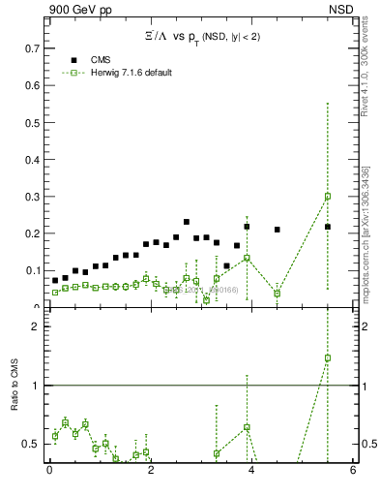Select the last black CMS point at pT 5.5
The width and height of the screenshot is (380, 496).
pyautogui.click(x=328, y=227)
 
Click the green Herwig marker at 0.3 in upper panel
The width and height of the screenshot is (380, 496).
pyautogui.click(x=328, y=196)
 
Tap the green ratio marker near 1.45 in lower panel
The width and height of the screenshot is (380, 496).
pyautogui.click(x=328, y=357)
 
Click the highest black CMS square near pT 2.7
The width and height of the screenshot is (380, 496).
pyautogui.click(x=186, y=222)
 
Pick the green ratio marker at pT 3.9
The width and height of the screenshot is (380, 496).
pyautogui.click(x=247, y=427)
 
